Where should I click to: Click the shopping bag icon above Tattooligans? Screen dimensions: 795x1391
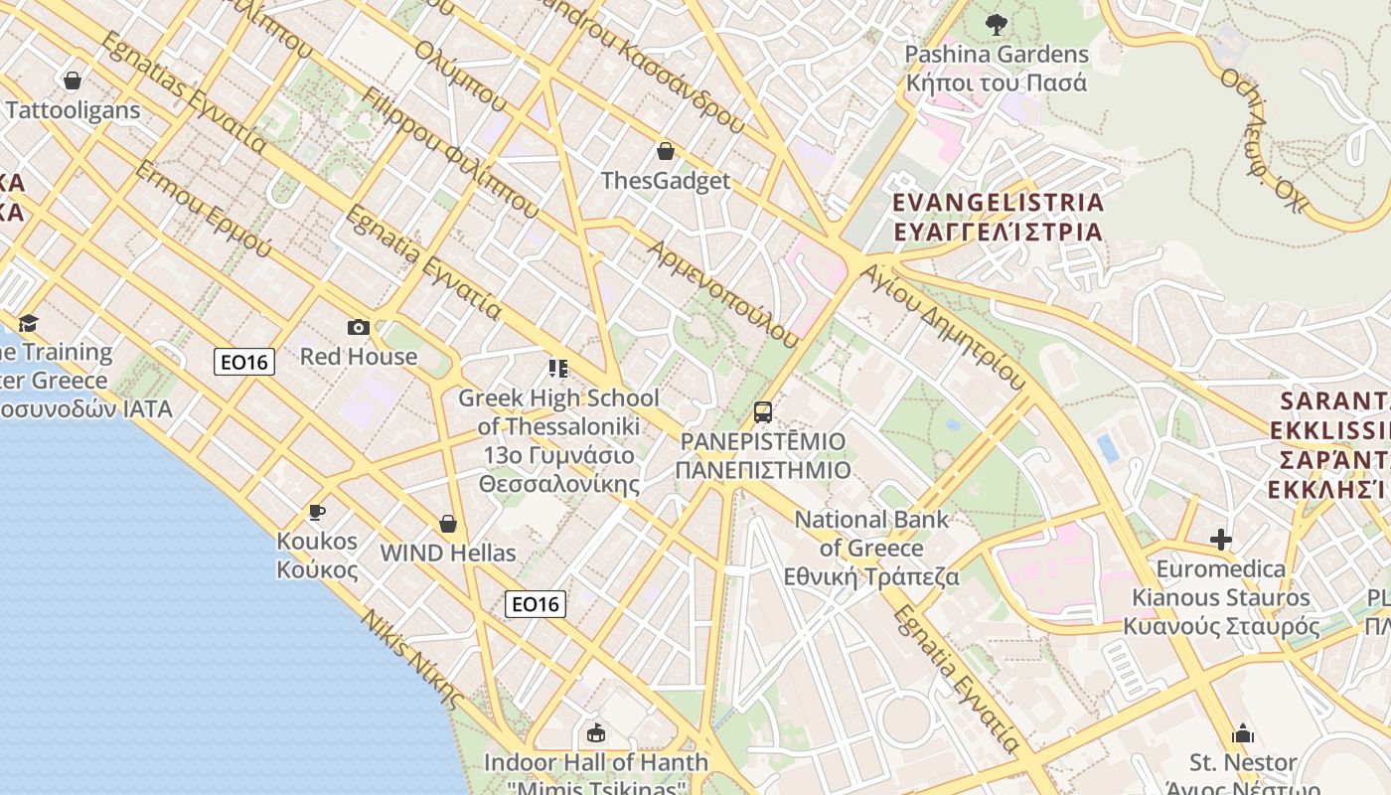pos(72,80)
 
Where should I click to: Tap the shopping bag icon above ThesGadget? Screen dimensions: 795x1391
pos(666,152)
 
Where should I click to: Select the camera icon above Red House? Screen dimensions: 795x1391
pos(358,327)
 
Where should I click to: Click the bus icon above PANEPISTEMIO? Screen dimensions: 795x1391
pos(762,411)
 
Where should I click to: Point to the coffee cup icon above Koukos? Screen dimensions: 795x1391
pos(317,512)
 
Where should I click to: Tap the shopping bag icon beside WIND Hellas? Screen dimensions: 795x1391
pos(448,524)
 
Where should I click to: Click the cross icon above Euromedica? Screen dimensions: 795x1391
pos(1221,540)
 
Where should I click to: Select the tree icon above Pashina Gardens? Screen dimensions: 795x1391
pos(997,25)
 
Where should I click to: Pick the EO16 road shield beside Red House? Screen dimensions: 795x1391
pos(244,362)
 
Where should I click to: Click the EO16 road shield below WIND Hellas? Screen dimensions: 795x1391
pos(536,603)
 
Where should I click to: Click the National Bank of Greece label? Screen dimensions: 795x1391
pos(871,548)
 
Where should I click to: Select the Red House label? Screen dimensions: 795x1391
pos(359,357)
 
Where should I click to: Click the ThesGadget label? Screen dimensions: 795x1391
pos(666,181)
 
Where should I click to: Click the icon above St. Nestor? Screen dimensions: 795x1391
pos(1243,734)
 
